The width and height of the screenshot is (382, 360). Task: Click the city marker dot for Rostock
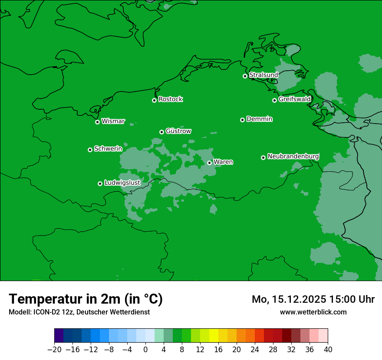pos(154,100)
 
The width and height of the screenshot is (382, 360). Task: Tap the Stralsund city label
pos(263,75)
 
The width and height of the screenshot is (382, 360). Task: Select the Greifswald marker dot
pos(274,100)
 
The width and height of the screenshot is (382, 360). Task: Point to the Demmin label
pos(259,119)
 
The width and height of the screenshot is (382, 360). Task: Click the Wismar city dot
pos(97,122)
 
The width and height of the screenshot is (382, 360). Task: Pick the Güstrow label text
pos(178,131)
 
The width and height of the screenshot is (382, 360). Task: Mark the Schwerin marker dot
pos(90,150)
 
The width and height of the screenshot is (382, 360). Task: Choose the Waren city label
pos(223,162)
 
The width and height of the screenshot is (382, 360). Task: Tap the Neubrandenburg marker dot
pos(263,157)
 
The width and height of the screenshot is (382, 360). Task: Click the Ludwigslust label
pos(122,183)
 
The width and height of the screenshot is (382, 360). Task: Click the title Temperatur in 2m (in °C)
pos(86,299)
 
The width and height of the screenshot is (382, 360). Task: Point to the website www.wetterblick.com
pos(313,312)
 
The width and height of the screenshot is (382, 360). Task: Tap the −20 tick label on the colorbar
pos(54,350)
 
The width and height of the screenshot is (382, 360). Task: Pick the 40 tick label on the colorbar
pos(328,350)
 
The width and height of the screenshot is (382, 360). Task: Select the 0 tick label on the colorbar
pos(145,350)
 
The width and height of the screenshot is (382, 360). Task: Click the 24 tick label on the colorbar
pos(255,350)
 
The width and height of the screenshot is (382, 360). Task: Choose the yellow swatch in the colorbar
pos(214,336)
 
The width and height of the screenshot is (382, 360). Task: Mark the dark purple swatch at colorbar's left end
pos(59,336)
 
